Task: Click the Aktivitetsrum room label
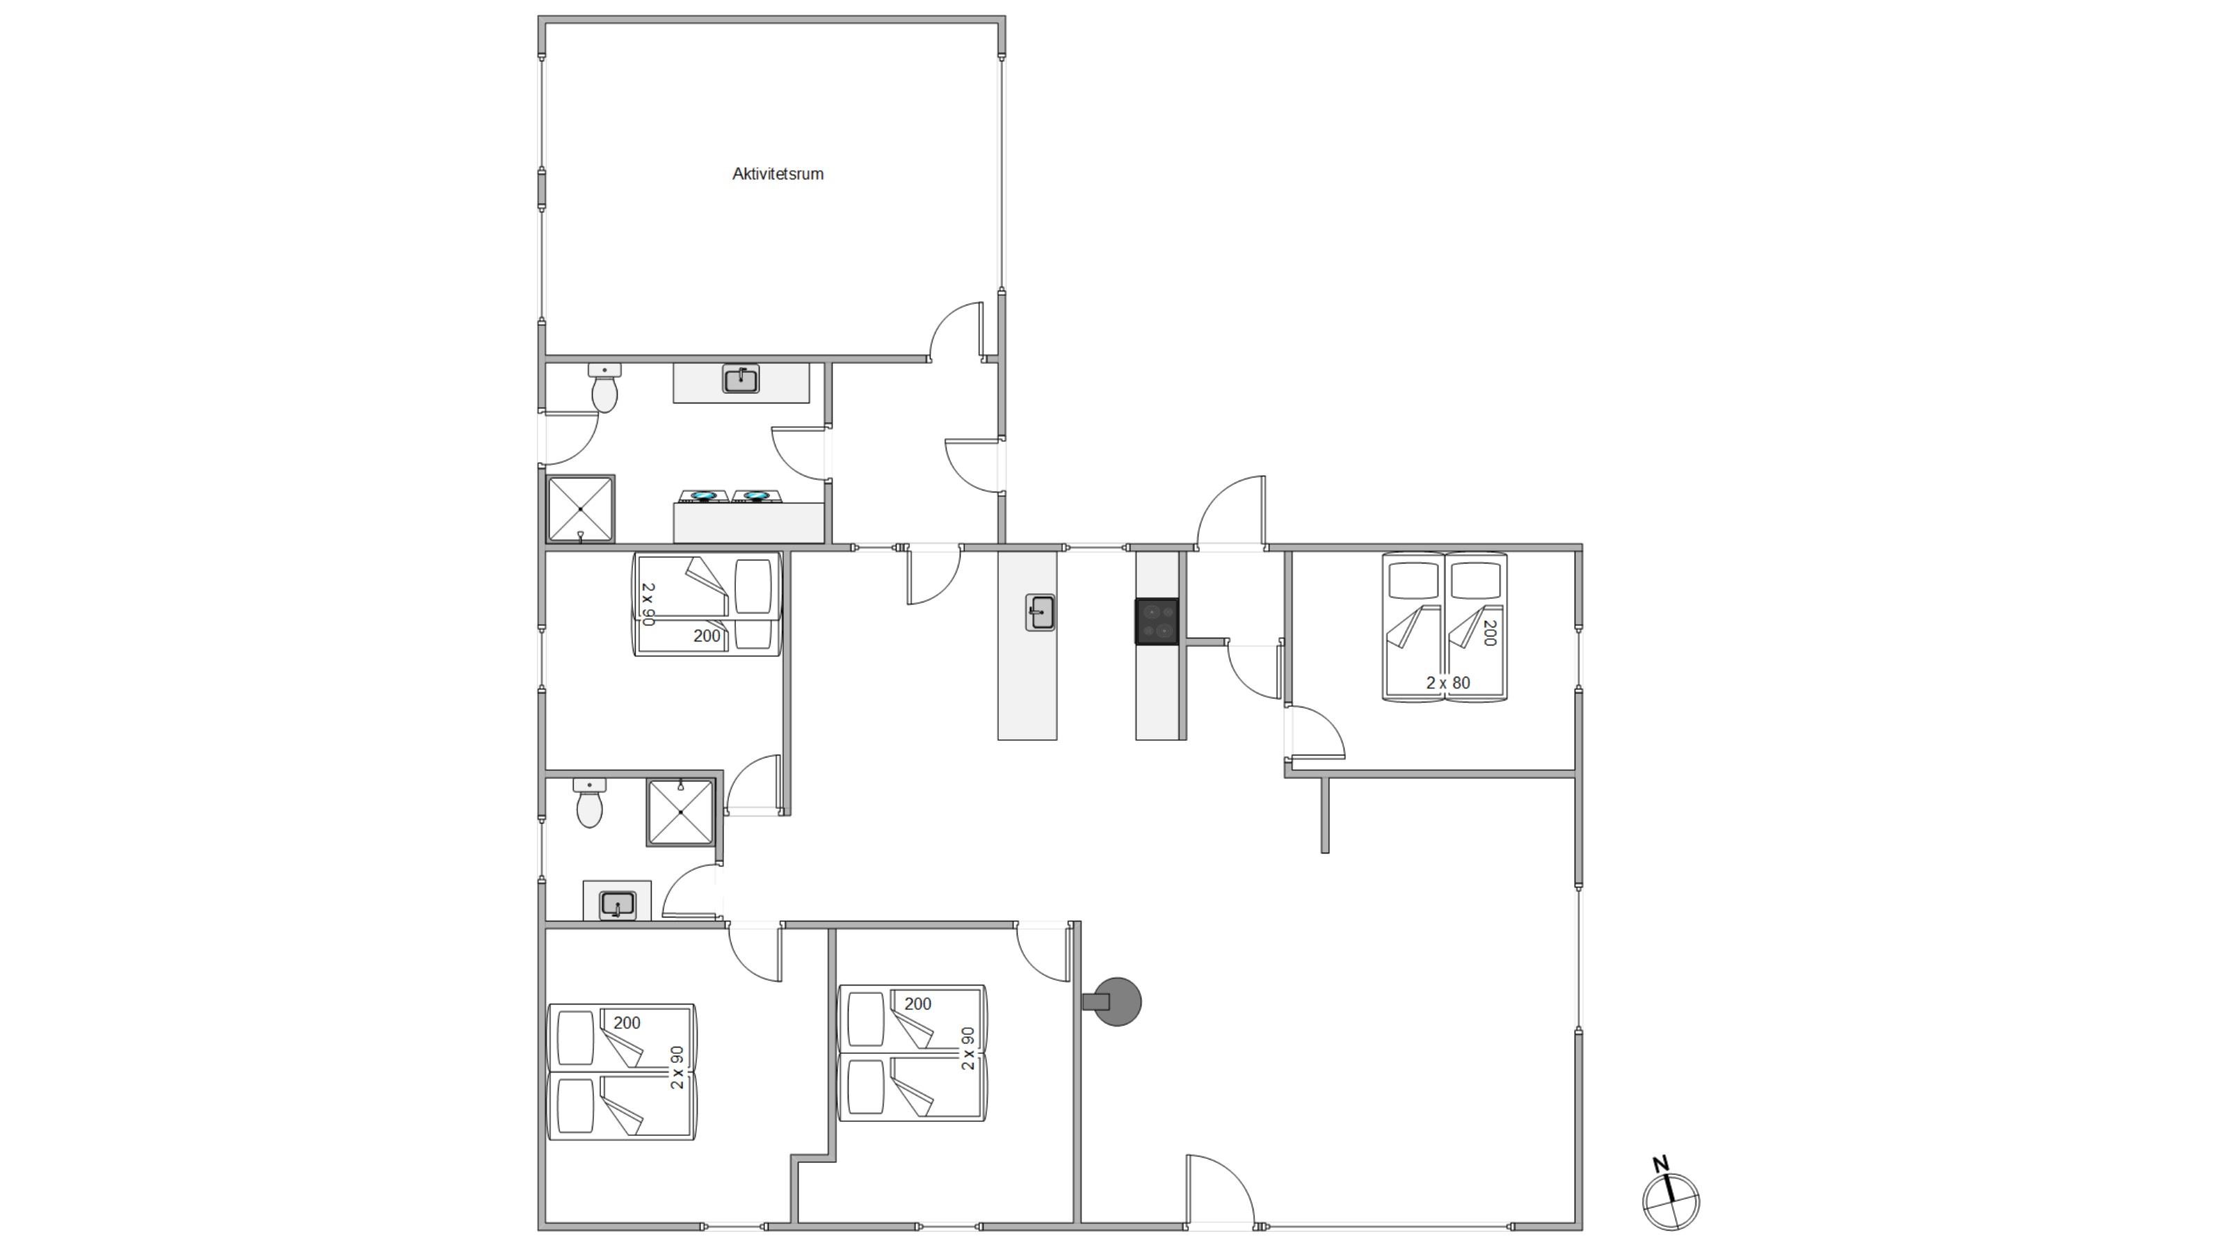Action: point(778,174)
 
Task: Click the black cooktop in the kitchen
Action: point(1157,621)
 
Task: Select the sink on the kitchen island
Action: point(1040,613)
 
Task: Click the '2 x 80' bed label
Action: point(1447,682)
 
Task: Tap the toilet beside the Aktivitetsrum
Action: point(604,387)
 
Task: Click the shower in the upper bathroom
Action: point(581,509)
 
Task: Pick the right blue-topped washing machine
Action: point(757,496)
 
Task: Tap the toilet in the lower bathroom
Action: point(590,802)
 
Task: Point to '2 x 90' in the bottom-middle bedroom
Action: point(968,1048)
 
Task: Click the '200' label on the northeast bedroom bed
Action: point(1489,632)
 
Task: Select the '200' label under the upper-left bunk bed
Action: point(707,636)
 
